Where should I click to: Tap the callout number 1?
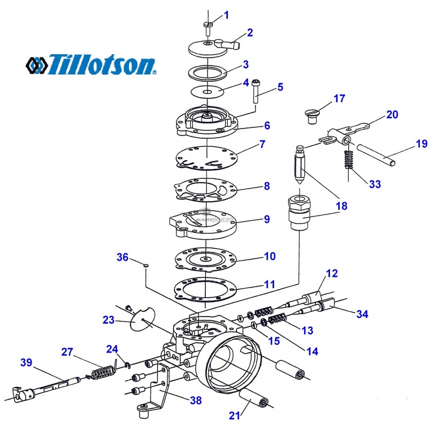(x=226, y=15)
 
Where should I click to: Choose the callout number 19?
(x=421, y=144)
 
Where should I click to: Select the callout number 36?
(x=123, y=257)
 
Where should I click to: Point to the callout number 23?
(x=109, y=320)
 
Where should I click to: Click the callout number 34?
(x=362, y=314)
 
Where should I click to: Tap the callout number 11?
(x=269, y=283)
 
